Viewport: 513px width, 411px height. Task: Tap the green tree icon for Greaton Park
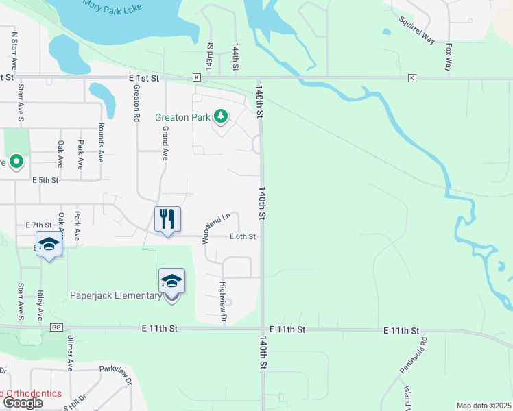tap(221, 117)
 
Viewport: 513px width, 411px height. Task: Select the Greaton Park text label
tap(182, 117)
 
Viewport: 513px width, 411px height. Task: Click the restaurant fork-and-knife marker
tap(167, 220)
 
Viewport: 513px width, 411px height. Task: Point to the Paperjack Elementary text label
tap(115, 296)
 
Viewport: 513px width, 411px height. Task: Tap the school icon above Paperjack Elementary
tap(171, 281)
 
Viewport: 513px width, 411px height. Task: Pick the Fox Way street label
tap(449, 58)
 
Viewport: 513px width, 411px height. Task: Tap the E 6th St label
tap(242, 236)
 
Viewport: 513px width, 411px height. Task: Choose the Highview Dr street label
tap(222, 301)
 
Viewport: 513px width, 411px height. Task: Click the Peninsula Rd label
tap(414, 356)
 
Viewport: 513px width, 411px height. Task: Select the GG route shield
tap(56, 329)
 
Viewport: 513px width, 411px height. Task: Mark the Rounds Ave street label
tap(100, 142)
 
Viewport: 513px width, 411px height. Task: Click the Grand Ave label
tap(165, 142)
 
